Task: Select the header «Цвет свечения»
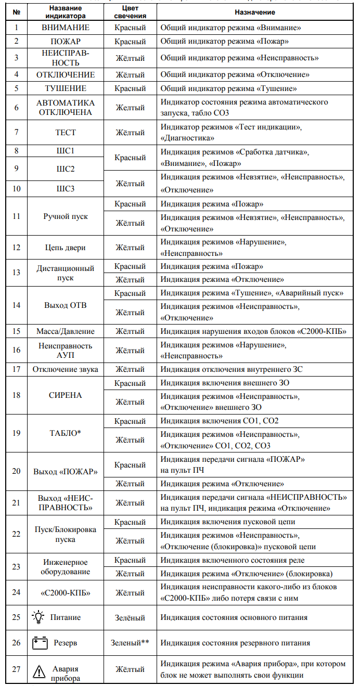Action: tap(130, 12)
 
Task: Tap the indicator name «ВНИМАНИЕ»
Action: tap(66, 28)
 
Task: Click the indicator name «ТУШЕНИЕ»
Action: tap(66, 88)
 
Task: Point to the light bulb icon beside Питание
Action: tap(38, 617)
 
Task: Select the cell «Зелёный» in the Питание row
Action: tap(130, 617)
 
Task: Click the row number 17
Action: tap(17, 369)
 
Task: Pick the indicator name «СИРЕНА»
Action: tap(66, 395)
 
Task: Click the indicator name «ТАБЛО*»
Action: tap(66, 432)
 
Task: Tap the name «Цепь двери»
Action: tap(66, 247)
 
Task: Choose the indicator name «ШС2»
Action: tap(66, 170)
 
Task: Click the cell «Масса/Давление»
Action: tap(66, 331)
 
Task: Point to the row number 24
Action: tap(17, 592)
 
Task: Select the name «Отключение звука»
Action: tap(66, 369)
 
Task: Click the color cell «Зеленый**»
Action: tap(130, 643)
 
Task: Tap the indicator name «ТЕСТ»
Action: tap(66, 133)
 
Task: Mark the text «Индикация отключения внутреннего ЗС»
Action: tap(232, 369)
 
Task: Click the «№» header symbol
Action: tap(17, 12)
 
